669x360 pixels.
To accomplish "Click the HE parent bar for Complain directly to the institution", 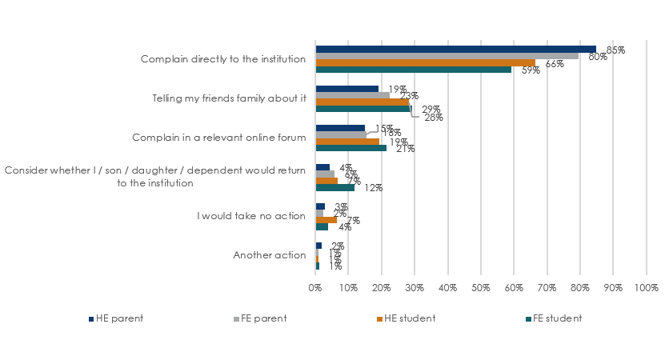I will point(455,49).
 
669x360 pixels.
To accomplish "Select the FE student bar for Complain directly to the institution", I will point(413,70).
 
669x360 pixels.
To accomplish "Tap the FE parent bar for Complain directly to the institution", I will point(447,56).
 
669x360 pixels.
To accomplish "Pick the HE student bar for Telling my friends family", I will point(363,102).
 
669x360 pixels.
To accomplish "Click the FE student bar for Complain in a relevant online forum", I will point(351,148).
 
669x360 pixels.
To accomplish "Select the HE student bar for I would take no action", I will point(326,219).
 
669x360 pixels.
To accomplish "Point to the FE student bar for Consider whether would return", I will point(334,188).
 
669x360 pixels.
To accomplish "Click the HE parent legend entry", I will point(116,318).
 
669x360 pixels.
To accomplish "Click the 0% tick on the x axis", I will point(315,287).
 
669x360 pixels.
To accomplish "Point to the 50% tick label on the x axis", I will point(480,287).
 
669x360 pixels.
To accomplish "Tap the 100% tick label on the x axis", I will point(646,287).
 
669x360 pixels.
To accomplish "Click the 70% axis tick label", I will point(547,287).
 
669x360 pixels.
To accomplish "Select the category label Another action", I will point(269,255).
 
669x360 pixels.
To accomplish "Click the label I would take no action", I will point(251,216).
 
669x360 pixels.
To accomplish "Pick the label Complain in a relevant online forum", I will point(218,138).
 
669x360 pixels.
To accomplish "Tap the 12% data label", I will point(374,188).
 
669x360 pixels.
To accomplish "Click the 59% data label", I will point(531,70).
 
